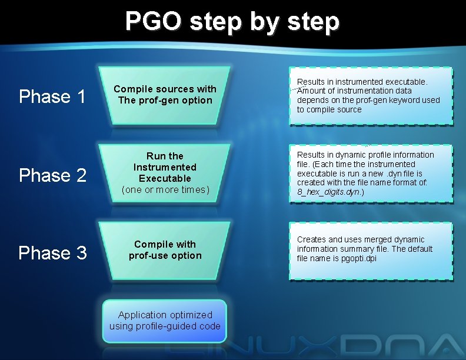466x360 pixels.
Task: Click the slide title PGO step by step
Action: [232, 22]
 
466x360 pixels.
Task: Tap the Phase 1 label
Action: [52, 96]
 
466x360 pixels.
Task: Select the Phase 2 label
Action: [52, 175]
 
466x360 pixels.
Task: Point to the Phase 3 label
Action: [52, 253]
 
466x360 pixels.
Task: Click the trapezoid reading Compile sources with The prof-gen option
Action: [165, 95]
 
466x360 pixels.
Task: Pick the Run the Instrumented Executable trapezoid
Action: [165, 172]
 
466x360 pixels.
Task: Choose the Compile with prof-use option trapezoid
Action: [165, 250]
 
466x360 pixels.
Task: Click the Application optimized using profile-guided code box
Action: [165, 321]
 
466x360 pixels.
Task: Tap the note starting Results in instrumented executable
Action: [371, 96]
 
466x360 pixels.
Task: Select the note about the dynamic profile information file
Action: [371, 174]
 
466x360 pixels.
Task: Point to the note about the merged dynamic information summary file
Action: [371, 249]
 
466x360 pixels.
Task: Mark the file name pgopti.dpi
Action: [358, 258]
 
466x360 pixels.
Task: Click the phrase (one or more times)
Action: [165, 189]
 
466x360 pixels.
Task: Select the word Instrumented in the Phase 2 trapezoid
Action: [165, 167]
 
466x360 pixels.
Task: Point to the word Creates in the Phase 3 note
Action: [311, 239]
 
